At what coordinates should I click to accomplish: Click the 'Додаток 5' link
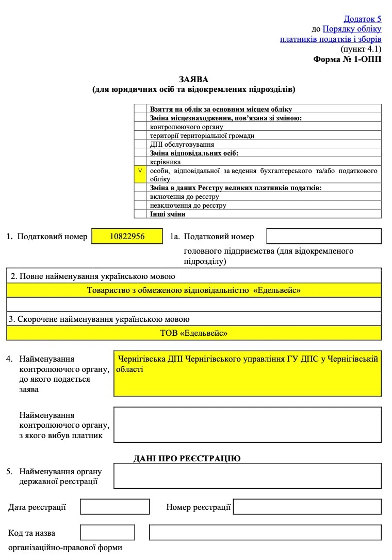(363, 19)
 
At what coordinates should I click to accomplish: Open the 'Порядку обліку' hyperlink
(352, 29)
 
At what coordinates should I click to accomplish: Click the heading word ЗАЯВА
(193, 80)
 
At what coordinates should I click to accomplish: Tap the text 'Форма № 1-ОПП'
(347, 59)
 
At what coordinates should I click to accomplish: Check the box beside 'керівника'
(140, 162)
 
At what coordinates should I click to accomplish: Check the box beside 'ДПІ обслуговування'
(140, 144)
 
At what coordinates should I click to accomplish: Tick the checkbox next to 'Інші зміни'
(140, 214)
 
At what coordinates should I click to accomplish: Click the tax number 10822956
(127, 236)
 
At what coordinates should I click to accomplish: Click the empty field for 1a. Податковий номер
(324, 236)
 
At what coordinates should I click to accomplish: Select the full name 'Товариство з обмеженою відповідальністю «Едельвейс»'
(194, 290)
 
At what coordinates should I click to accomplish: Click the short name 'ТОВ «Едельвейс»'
(194, 333)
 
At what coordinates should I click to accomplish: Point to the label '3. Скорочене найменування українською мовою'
(99, 319)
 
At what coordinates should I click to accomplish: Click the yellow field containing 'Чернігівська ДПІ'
(248, 373)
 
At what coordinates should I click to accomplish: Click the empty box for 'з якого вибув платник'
(248, 425)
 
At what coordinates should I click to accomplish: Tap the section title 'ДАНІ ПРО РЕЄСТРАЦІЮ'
(187, 458)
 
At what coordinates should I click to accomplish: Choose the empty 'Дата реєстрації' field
(115, 506)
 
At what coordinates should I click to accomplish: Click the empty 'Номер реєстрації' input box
(307, 506)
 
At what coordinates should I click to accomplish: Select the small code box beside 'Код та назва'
(107, 532)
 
